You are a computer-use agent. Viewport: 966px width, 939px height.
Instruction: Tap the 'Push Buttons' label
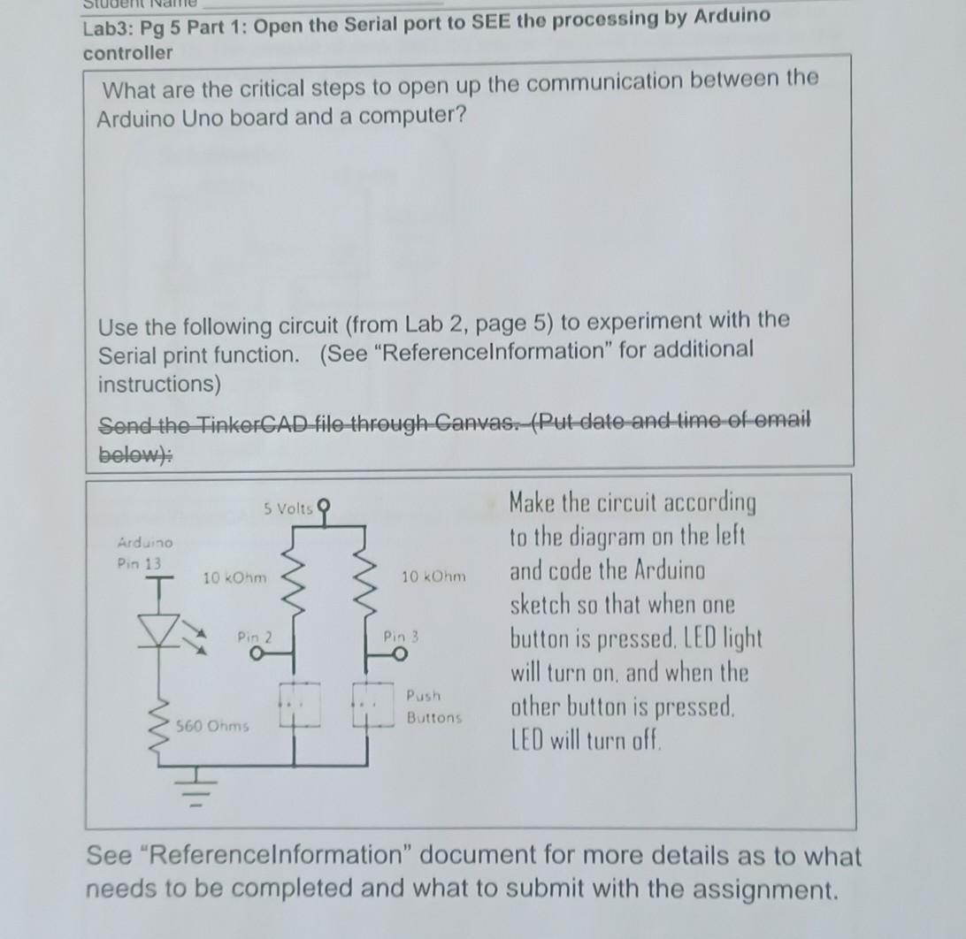[x=433, y=706]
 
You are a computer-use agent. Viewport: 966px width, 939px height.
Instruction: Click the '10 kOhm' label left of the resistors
[x=234, y=577]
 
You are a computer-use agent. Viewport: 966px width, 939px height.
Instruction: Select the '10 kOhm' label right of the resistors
[x=433, y=576]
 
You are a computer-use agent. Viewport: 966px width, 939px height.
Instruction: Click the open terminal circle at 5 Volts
[x=325, y=507]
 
